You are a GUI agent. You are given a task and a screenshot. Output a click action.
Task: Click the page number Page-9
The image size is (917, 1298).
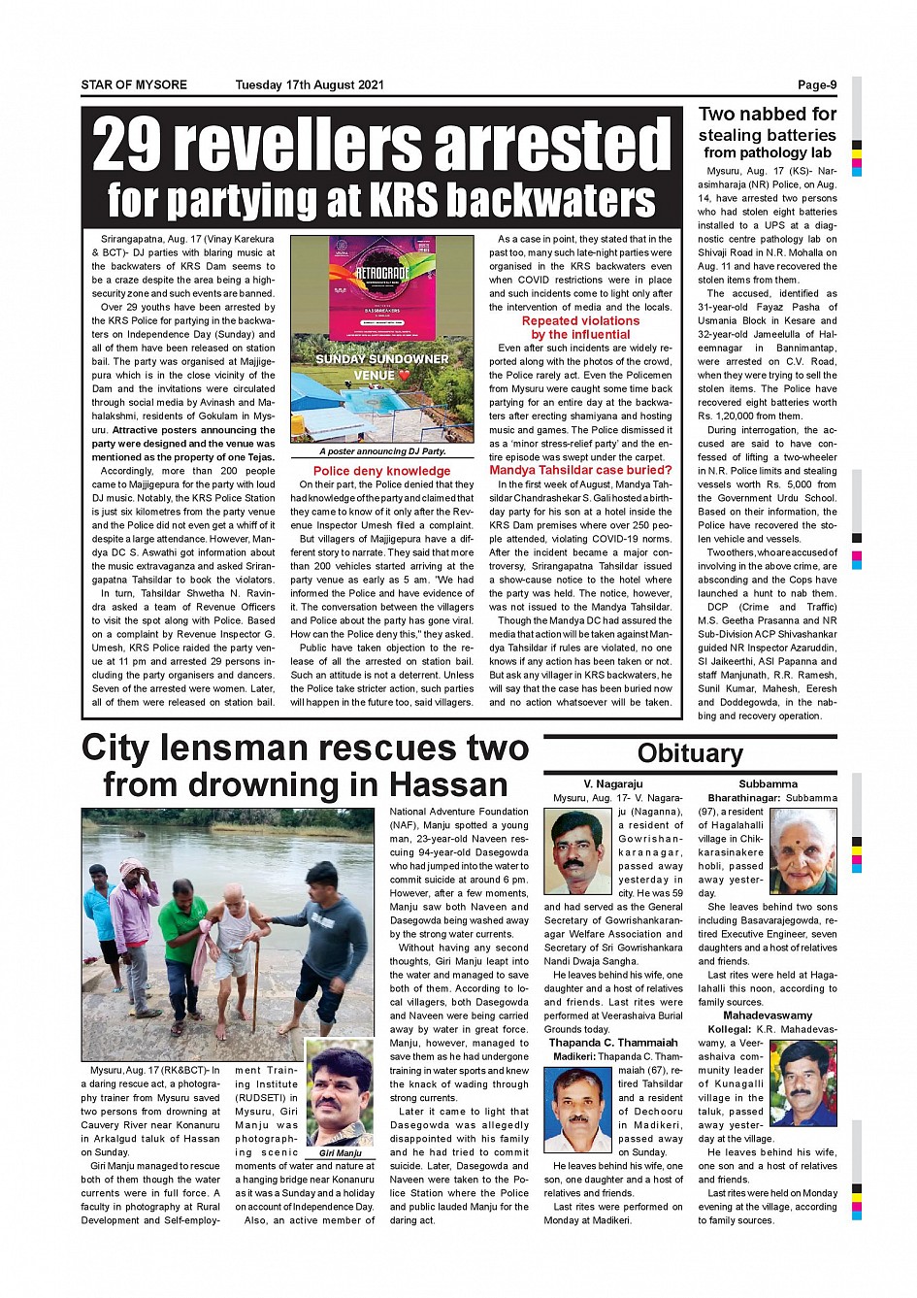tap(817, 84)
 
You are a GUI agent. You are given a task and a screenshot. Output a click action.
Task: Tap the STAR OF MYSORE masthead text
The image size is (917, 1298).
tap(134, 84)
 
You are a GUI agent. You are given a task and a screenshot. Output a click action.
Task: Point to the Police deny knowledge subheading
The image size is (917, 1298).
tap(381, 471)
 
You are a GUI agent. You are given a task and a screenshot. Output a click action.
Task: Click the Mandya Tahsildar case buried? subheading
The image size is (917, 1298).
tap(580, 470)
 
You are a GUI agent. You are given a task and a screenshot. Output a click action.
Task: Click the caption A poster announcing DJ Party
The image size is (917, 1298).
tap(381, 451)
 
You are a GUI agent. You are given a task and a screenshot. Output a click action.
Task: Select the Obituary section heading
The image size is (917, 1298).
tap(690, 753)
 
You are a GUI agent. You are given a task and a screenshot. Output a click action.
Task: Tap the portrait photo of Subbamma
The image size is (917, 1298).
tap(802, 851)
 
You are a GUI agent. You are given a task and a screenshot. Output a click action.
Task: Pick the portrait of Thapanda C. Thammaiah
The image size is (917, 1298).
tap(578, 1109)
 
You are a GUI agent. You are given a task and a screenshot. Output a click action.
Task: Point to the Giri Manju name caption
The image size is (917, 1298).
tap(340, 1152)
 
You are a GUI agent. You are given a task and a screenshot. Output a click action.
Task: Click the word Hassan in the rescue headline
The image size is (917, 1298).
tap(448, 784)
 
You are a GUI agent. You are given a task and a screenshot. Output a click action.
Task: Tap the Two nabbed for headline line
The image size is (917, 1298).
tap(767, 114)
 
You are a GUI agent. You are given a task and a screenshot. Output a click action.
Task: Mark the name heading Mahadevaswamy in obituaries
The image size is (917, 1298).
tap(768, 1015)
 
